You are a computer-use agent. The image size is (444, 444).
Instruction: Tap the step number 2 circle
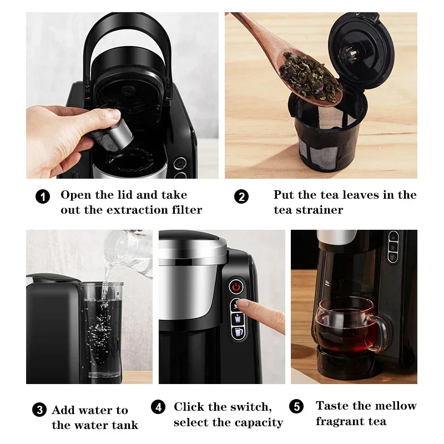pyautogui.click(x=241, y=196)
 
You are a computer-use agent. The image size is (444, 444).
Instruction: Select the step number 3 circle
pyautogui.click(x=39, y=411)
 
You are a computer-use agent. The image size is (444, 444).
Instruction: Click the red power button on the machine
pyautogui.click(x=238, y=287)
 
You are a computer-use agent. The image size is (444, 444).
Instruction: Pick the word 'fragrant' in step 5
pyautogui.click(x=338, y=421)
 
